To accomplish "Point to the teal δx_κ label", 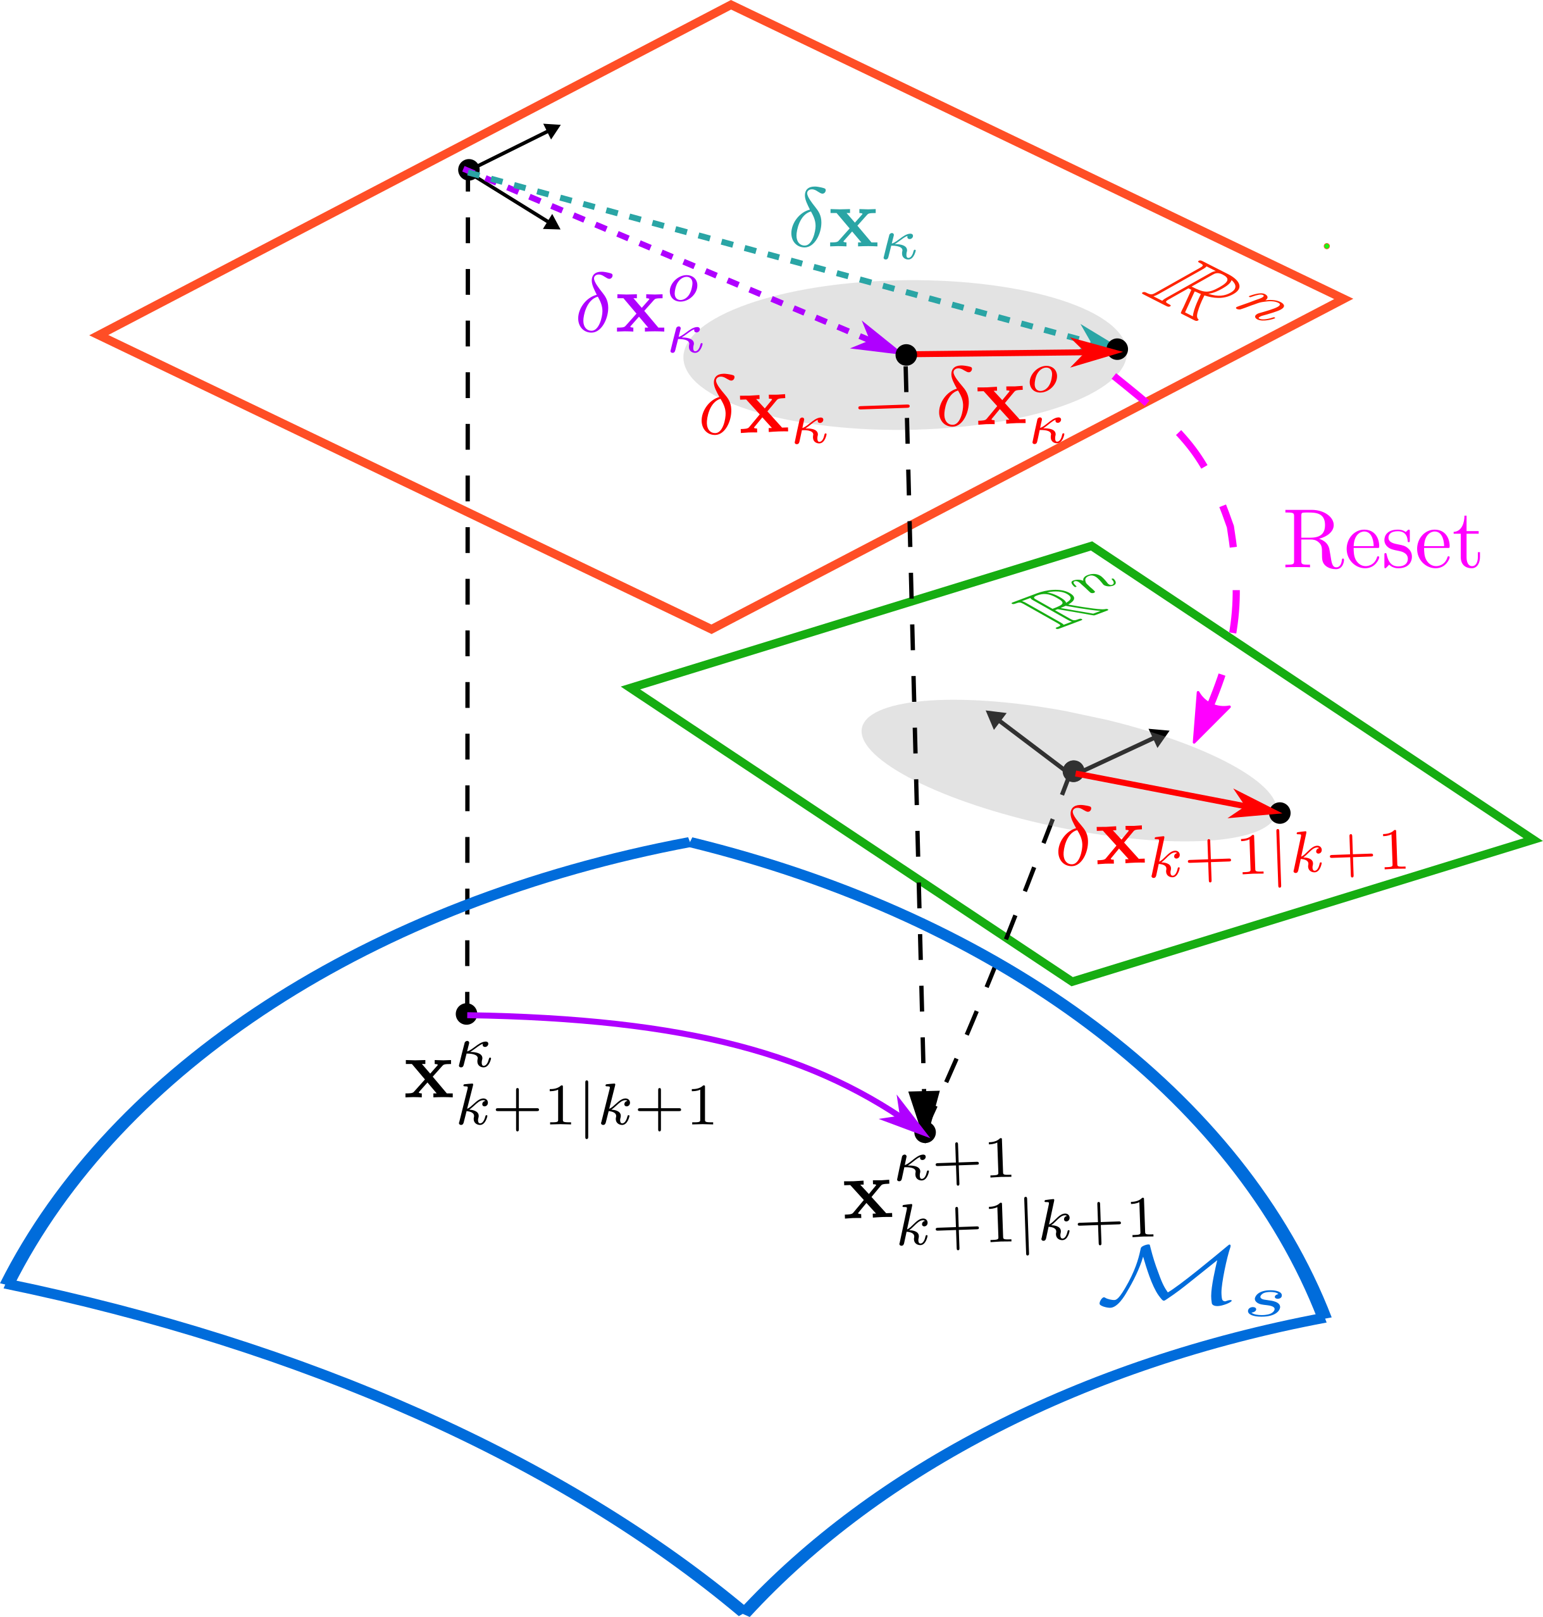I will tap(852, 228).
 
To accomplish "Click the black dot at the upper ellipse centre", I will tap(905, 354).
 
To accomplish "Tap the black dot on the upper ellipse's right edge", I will tap(1116, 350).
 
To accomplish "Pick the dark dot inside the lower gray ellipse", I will tap(1072, 771).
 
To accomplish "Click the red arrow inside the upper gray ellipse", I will tap(1012, 353).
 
